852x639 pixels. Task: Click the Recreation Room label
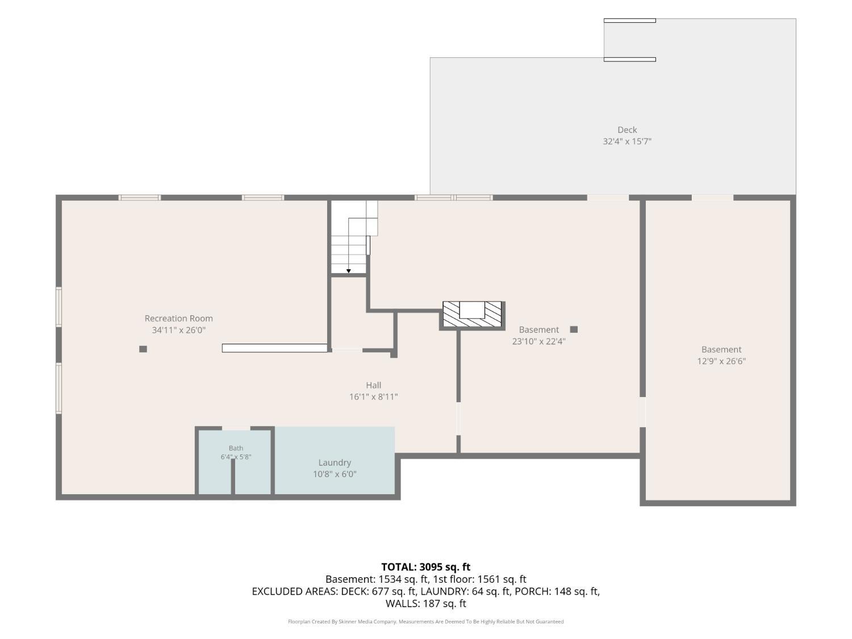pyautogui.click(x=178, y=319)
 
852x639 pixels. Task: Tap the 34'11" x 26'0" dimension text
pyautogui.click(x=178, y=330)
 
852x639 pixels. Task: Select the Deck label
pyautogui.click(x=627, y=130)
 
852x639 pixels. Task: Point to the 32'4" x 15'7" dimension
pyautogui.click(x=627, y=141)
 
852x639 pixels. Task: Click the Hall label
pyautogui.click(x=373, y=385)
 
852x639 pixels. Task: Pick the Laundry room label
pyautogui.click(x=335, y=463)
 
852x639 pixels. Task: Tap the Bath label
pyautogui.click(x=236, y=448)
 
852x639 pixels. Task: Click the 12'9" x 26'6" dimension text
pyautogui.click(x=721, y=361)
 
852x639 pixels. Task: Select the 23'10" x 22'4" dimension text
pyautogui.click(x=539, y=341)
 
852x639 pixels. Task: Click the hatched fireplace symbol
pyautogui.click(x=472, y=315)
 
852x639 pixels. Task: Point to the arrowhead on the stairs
pyautogui.click(x=349, y=271)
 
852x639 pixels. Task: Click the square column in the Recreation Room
pyautogui.click(x=143, y=349)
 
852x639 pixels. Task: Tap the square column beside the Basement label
pyautogui.click(x=574, y=330)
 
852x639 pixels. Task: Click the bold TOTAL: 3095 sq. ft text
pyautogui.click(x=426, y=567)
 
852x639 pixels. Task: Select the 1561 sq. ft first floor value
pyautogui.click(x=502, y=579)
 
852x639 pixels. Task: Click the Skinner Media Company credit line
pyautogui.click(x=426, y=621)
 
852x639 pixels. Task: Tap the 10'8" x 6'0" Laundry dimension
pyautogui.click(x=335, y=474)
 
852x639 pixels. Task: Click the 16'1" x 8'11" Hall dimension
pyautogui.click(x=373, y=397)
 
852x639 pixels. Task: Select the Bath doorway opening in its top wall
pyautogui.click(x=236, y=428)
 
